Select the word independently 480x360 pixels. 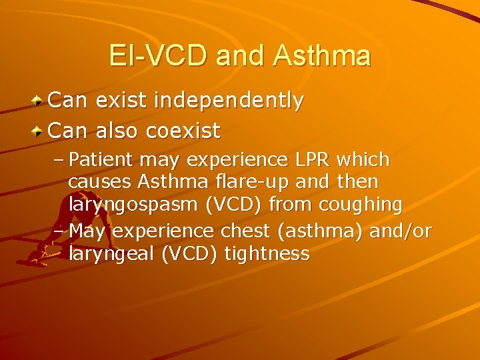[x=229, y=101]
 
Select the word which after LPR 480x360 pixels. [x=363, y=160]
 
